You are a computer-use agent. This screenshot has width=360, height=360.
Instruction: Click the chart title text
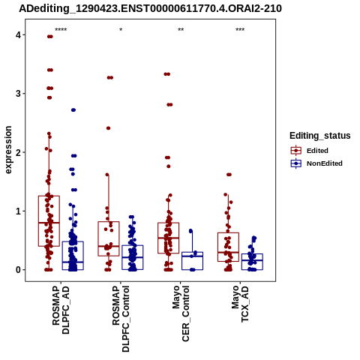(150, 9)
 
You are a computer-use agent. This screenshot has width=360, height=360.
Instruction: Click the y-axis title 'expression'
(8, 150)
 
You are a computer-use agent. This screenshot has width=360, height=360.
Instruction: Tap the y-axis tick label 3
(18, 94)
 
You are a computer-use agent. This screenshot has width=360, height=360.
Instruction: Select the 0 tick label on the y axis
(18, 270)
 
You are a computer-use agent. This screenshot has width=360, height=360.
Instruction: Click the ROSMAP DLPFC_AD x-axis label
(61, 310)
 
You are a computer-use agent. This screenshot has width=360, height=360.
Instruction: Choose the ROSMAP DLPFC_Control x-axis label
(121, 319)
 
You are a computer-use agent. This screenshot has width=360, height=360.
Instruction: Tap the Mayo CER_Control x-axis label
(181, 313)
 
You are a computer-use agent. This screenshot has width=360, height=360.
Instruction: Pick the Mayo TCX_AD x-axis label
(240, 304)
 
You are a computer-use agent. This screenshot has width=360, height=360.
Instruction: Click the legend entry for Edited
(310, 151)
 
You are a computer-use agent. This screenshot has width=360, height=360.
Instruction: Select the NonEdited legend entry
(316, 163)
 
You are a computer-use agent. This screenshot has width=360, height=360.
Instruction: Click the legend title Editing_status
(320, 136)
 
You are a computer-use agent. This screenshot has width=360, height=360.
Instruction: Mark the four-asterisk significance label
(61, 30)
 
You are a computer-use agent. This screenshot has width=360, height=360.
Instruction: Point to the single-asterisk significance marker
(121, 30)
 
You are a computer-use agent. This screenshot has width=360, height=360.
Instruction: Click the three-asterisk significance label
(240, 30)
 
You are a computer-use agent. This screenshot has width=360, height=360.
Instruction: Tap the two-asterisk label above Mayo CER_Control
(181, 30)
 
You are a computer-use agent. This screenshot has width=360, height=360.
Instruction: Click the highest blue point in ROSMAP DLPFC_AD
(73, 110)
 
